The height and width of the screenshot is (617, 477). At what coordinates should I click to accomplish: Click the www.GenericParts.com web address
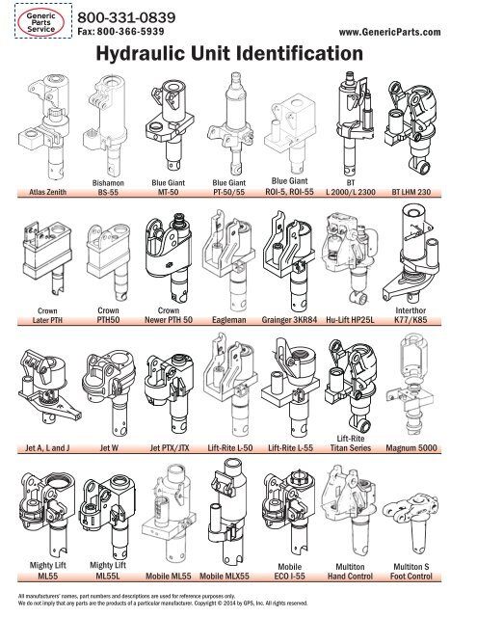click(397, 33)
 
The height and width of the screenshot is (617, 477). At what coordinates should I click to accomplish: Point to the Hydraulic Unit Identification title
click(237, 57)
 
